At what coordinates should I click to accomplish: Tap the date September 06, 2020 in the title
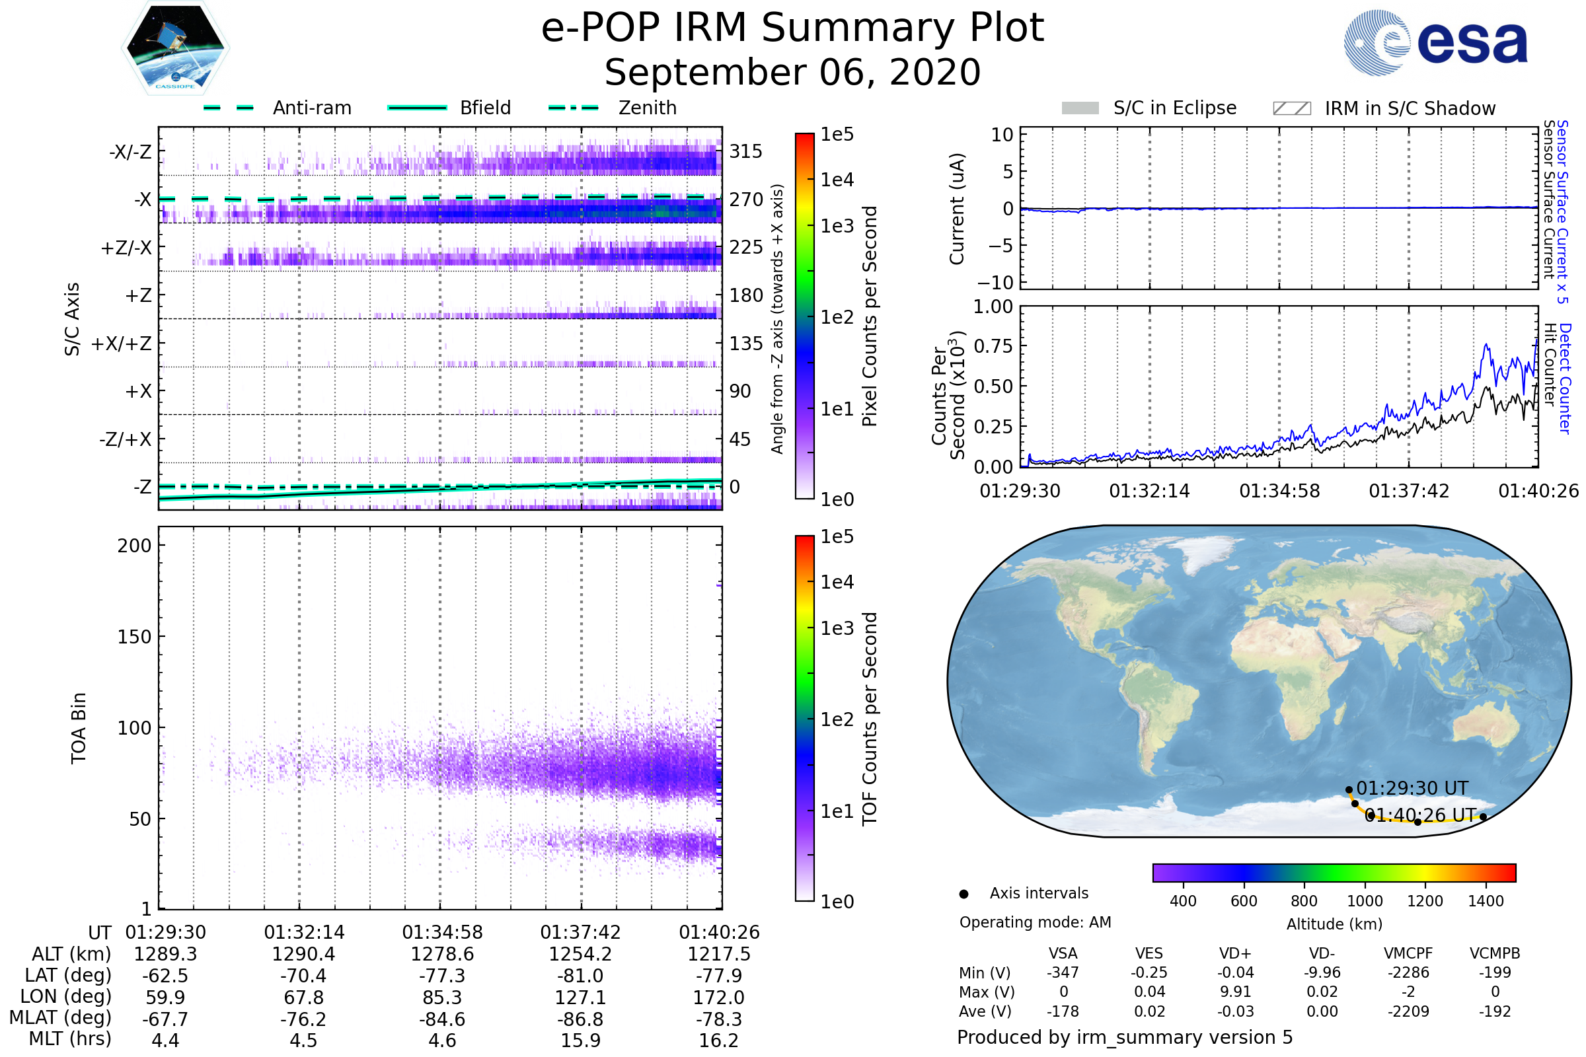tap(792, 73)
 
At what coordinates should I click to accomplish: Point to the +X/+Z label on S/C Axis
tap(122, 344)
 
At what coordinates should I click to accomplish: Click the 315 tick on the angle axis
tap(746, 151)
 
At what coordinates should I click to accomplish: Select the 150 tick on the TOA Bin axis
tap(134, 637)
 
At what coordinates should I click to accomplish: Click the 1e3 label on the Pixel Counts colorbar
tap(837, 227)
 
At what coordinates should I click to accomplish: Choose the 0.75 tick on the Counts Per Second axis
tap(993, 346)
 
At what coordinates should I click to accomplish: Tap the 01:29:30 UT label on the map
tap(1412, 788)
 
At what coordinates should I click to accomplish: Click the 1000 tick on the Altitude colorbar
tap(1365, 901)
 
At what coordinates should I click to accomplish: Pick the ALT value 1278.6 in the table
tap(442, 955)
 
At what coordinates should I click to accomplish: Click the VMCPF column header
tap(1408, 954)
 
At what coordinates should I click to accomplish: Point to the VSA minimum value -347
tap(1063, 972)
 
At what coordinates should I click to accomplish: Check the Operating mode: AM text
tap(1035, 922)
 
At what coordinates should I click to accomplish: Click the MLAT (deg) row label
tap(60, 1018)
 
